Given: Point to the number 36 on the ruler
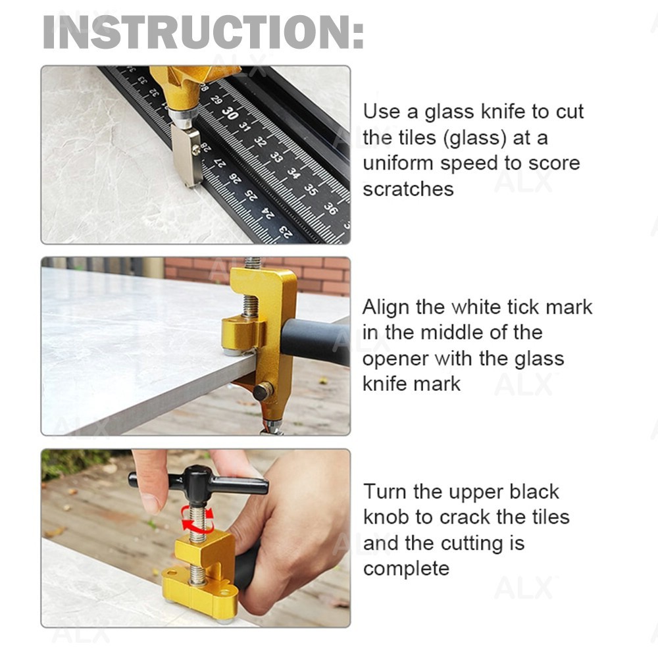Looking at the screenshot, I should (x=330, y=207).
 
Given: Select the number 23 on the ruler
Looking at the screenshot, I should (x=284, y=230).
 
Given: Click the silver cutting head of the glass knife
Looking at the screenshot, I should (x=186, y=155).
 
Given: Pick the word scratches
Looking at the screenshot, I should (x=408, y=189).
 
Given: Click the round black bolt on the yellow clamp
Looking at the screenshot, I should (x=263, y=392).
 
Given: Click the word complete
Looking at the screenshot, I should (x=406, y=568).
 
